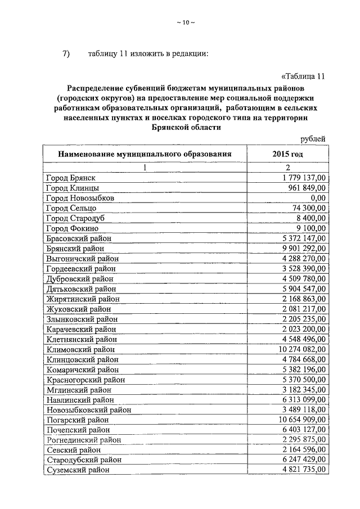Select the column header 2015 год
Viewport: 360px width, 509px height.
(287, 154)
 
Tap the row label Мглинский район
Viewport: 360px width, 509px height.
(79, 390)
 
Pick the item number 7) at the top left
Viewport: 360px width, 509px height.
(65, 54)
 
